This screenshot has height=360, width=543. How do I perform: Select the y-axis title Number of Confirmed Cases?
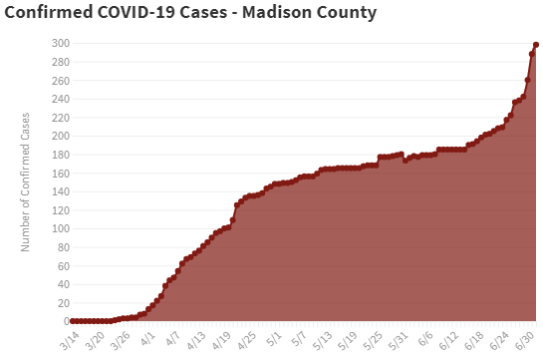(x=26, y=181)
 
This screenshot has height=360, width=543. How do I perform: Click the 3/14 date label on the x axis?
(x=69, y=338)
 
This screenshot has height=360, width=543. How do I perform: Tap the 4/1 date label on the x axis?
(x=147, y=336)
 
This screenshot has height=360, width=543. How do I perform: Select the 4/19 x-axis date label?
(x=223, y=338)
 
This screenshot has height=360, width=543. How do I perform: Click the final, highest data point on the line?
(x=536, y=45)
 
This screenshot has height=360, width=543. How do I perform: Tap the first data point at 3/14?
(x=73, y=321)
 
